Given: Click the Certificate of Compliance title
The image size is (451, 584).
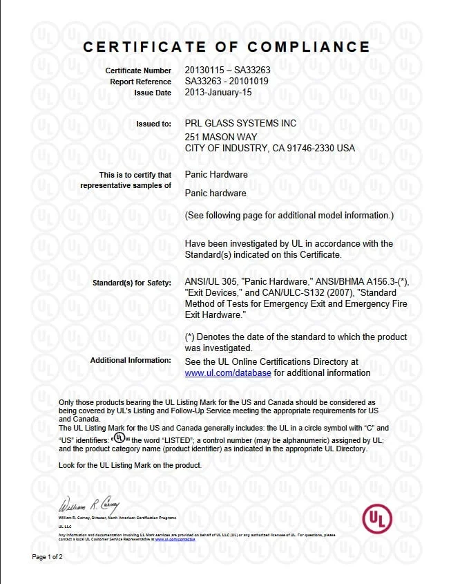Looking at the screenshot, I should pyautogui.click(x=227, y=47).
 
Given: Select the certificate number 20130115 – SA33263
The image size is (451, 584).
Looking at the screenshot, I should pyautogui.click(x=228, y=70).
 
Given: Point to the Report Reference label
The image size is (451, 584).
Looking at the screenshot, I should pyautogui.click(x=140, y=82).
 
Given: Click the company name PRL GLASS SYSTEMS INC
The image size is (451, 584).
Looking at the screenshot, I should pyautogui.click(x=241, y=123).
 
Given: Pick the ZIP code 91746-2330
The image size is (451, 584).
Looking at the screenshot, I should pyautogui.click(x=312, y=148).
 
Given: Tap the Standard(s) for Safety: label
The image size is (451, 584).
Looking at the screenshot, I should pyautogui.click(x=131, y=283).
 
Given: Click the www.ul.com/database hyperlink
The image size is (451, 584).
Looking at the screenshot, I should pyautogui.click(x=228, y=373).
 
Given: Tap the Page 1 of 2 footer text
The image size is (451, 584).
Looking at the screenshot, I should pyautogui.click(x=48, y=557).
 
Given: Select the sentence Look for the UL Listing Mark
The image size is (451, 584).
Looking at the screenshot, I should pyautogui.click(x=130, y=465).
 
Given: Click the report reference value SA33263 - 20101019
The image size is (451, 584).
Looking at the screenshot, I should pyautogui.click(x=229, y=81).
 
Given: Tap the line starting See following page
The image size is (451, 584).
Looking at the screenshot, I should pyautogui.click(x=289, y=216).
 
